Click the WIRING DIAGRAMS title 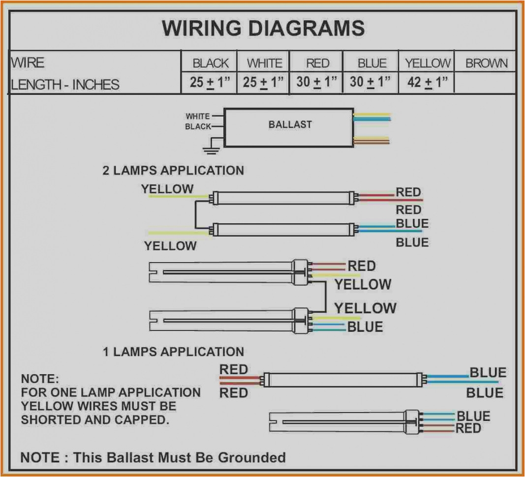pos(263,28)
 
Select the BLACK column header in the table pos(211,63)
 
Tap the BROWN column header pos(486,63)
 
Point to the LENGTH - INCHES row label pos(65,85)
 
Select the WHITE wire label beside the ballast pos(197,117)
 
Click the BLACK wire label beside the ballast pos(198,127)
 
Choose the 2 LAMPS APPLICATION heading pos(173,171)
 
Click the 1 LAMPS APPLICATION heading pos(173,352)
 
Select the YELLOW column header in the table pos(428,63)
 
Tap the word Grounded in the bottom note pos(252,457)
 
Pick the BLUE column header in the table pos(372,63)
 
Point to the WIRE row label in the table pos(28,63)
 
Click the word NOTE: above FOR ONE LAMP pos(40,380)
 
